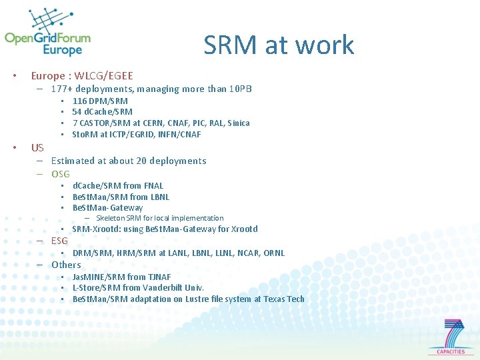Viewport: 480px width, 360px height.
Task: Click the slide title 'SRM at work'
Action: [279, 45]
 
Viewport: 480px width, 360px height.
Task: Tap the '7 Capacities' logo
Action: [455, 337]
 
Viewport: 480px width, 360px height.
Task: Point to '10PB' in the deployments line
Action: [240, 89]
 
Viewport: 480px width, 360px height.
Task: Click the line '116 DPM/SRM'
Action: [100, 101]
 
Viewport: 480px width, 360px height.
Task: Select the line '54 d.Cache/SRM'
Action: [102, 112]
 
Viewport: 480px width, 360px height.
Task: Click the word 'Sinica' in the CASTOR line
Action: [238, 123]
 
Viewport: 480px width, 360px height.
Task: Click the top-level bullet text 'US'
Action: [37, 148]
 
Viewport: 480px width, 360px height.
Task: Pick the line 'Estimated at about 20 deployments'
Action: [129, 161]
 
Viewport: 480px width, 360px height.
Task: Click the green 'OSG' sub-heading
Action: [61, 174]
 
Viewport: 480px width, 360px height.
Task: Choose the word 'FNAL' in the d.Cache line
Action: [153, 186]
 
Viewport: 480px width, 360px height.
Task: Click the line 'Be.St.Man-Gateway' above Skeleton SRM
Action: [107, 208]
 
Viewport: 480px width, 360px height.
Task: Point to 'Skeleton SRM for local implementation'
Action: [159, 218]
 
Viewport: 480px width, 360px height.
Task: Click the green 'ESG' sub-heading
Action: [59, 241]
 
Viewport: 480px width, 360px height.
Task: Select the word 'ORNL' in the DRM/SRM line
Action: [273, 253]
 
